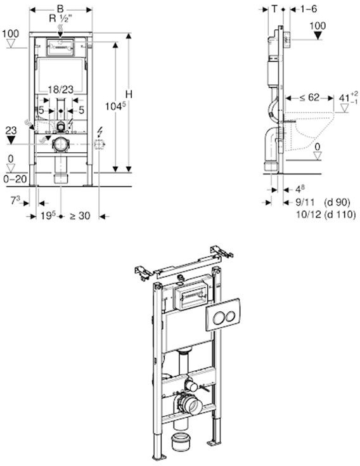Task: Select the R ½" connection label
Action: (x=61, y=18)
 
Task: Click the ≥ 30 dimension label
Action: (x=80, y=216)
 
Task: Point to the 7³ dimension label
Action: (x=18, y=200)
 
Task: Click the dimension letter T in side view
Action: (x=274, y=8)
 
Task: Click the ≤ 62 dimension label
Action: (x=309, y=98)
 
